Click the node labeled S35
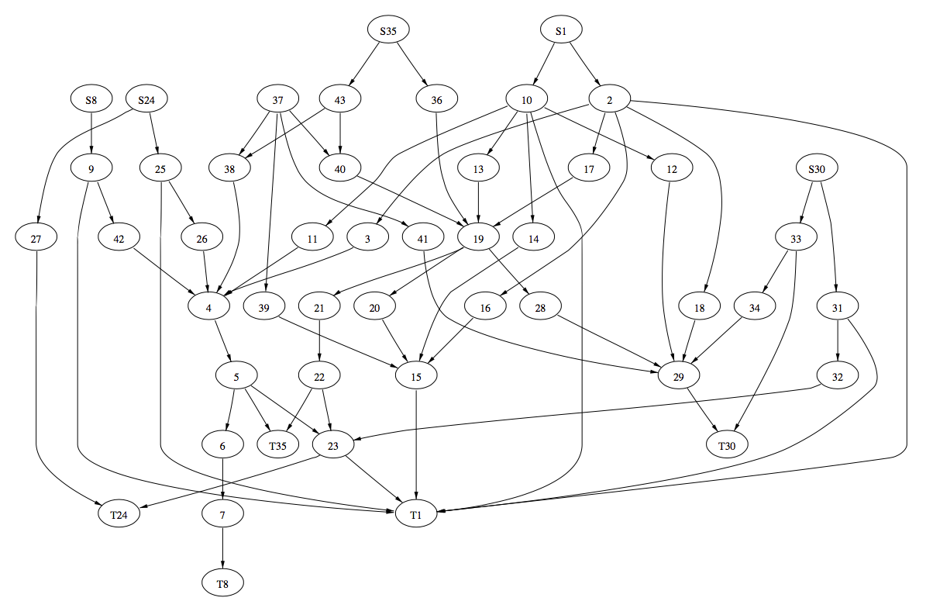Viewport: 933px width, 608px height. (x=388, y=31)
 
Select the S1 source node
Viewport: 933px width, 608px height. (x=561, y=31)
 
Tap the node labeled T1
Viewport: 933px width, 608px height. (x=416, y=513)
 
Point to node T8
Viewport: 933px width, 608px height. (x=223, y=581)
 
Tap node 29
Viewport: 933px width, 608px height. (x=679, y=376)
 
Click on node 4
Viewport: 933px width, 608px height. (x=209, y=307)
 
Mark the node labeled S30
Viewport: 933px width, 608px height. (x=818, y=168)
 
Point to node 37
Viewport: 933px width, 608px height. (x=278, y=100)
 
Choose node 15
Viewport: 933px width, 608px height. (x=416, y=376)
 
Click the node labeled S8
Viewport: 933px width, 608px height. (x=92, y=100)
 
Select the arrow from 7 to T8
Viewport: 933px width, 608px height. (x=223, y=547)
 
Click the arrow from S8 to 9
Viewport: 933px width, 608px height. (x=92, y=133)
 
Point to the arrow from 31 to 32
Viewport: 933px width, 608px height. (x=838, y=341)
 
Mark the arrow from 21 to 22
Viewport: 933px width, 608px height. (x=319, y=341)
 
